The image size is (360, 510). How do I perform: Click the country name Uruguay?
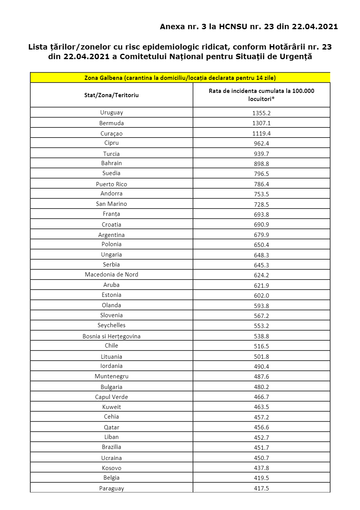(x=112, y=113)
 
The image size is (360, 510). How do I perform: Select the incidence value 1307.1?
(x=261, y=123)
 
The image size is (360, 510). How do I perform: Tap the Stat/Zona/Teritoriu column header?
(x=111, y=95)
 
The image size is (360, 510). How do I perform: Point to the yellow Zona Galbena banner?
(x=180, y=78)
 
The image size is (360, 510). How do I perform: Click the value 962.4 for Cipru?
(x=261, y=143)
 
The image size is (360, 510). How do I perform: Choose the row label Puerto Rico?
(x=112, y=184)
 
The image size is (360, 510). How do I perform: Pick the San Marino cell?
(x=112, y=204)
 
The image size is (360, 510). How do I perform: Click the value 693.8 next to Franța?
(x=261, y=214)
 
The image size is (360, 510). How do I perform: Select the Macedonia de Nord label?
(x=112, y=275)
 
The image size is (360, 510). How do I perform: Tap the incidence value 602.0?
(x=261, y=296)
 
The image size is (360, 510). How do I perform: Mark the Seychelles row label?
(x=112, y=325)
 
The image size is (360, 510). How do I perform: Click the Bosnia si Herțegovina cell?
(x=112, y=336)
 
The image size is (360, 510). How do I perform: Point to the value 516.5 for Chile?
(x=261, y=346)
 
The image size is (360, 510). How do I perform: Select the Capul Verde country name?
(x=112, y=397)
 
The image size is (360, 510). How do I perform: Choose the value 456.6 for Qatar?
(x=261, y=427)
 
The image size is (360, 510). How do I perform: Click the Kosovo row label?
(x=112, y=468)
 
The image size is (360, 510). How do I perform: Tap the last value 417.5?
(x=261, y=488)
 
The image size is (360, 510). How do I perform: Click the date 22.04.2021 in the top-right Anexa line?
(x=315, y=26)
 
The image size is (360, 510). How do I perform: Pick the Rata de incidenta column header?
(x=261, y=95)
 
